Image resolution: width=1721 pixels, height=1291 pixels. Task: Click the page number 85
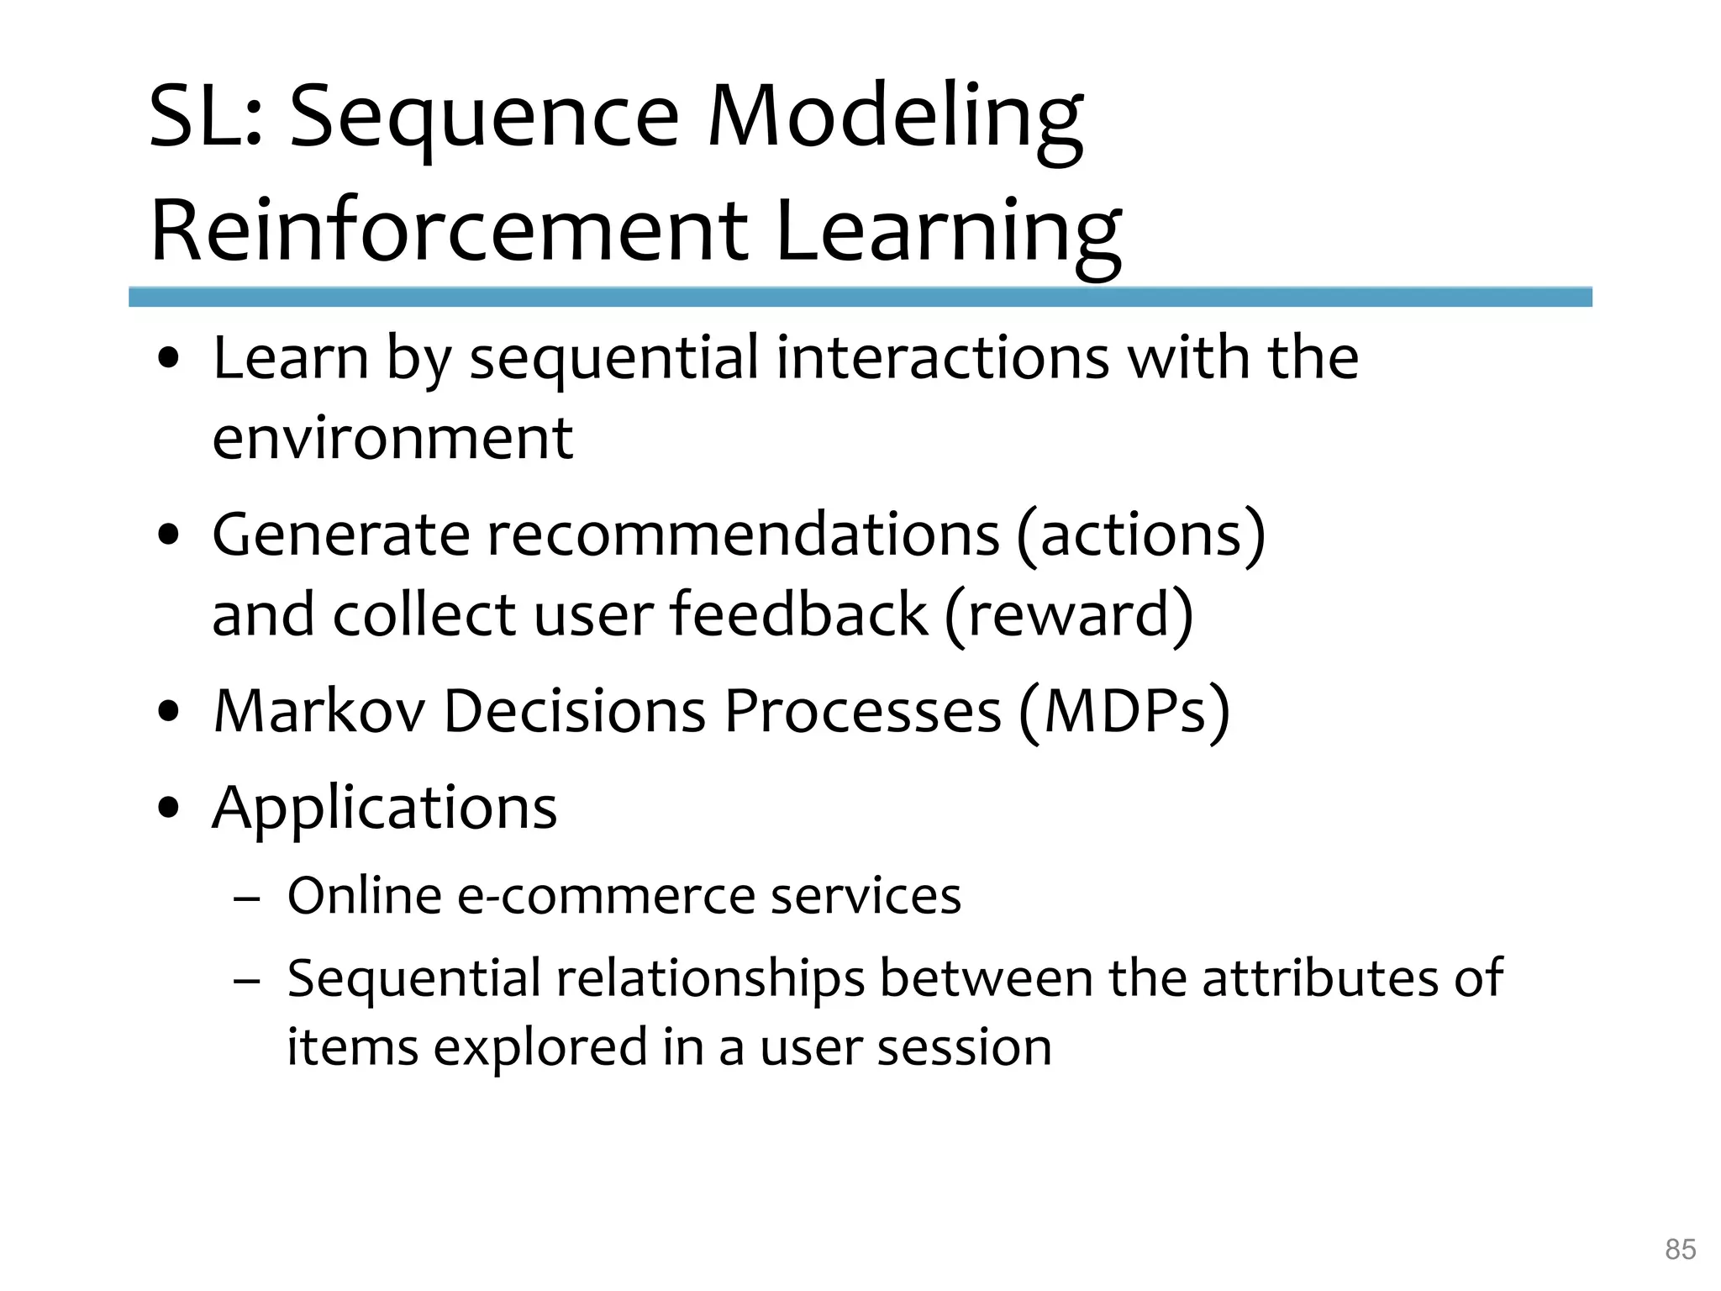pyautogui.click(x=1680, y=1249)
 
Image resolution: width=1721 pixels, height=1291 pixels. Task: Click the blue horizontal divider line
pyautogui.click(x=860, y=297)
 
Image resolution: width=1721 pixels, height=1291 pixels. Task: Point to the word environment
pyautogui.click(x=392, y=439)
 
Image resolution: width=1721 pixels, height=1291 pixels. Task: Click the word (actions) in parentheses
pyautogui.click(x=1140, y=535)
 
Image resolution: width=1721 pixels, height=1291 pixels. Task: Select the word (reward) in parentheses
pyautogui.click(x=1068, y=614)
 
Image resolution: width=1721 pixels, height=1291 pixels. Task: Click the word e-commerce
pyautogui.click(x=605, y=896)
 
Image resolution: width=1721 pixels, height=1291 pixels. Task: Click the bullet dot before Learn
pyautogui.click(x=170, y=360)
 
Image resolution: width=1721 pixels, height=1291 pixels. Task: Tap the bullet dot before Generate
pyautogui.click(x=170, y=535)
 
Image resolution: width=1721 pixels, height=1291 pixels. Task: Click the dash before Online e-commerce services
pyautogui.click(x=247, y=898)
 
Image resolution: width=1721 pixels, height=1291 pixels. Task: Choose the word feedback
pyautogui.click(x=798, y=614)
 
